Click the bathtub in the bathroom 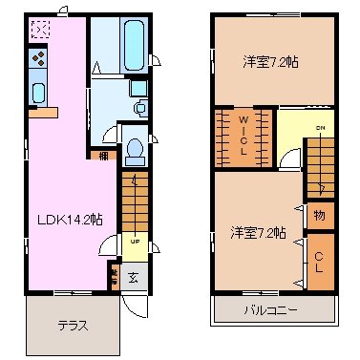131,43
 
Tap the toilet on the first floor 135,150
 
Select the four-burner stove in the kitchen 39,60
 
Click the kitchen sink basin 39,93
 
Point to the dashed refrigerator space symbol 40,30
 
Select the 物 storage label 319,216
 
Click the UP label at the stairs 135,241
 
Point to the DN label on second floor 321,129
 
